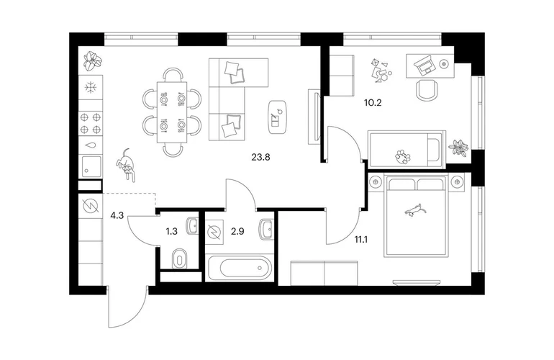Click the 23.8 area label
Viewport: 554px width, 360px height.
[260, 157]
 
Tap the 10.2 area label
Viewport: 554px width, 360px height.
[373, 103]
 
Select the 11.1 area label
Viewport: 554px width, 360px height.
[361, 240]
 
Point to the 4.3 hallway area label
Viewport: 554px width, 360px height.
[117, 215]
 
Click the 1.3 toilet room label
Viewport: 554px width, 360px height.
[171, 232]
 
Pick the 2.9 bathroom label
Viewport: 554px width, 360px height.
[237, 232]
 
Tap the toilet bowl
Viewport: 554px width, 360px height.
[180, 259]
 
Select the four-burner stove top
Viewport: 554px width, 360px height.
[91, 123]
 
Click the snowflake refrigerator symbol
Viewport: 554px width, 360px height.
[91, 87]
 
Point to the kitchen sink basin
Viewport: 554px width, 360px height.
[91, 166]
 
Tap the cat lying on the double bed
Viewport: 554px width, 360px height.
[416, 210]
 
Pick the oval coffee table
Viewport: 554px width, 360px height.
[277, 117]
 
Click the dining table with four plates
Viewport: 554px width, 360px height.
[172, 112]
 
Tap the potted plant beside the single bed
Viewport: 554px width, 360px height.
[458, 147]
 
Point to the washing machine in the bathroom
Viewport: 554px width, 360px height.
[214, 232]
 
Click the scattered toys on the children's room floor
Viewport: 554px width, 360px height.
[381, 71]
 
